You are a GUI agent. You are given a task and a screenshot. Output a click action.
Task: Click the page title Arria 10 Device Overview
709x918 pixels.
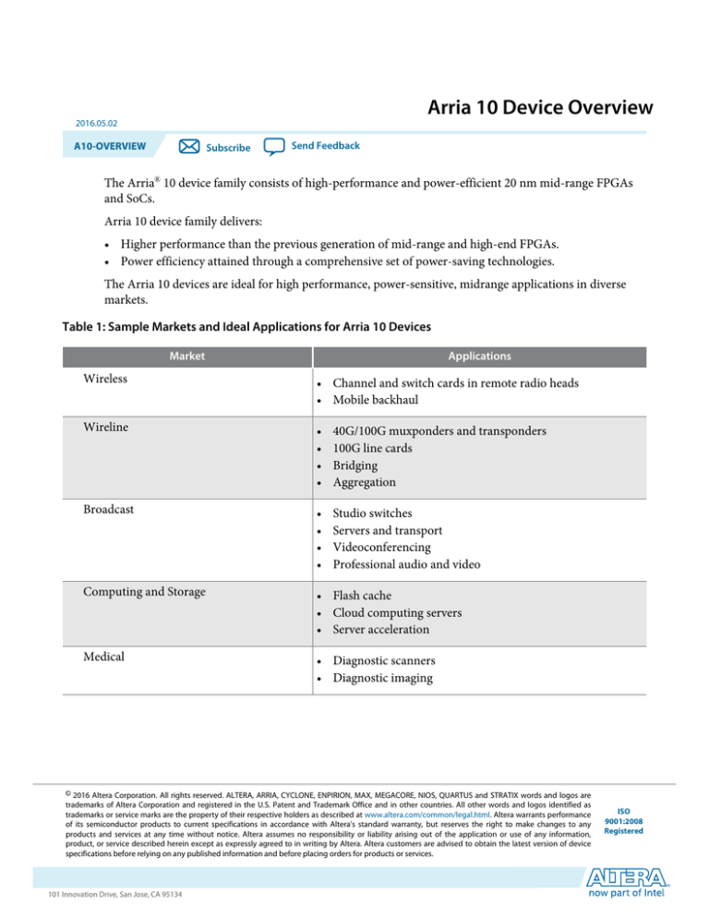[x=542, y=109]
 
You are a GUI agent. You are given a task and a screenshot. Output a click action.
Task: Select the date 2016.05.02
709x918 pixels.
[x=90, y=122]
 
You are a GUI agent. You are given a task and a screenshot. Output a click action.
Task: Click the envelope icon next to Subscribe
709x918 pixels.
[x=188, y=147]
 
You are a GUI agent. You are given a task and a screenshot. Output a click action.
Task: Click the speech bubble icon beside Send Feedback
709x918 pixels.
[x=274, y=147]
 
